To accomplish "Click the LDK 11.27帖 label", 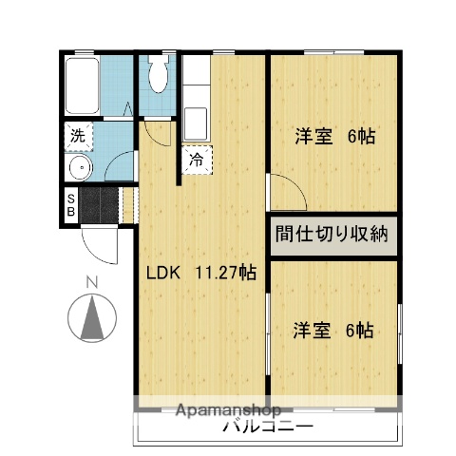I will click(200, 273).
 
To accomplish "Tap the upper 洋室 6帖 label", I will click(333, 137).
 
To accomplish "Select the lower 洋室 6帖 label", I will click(332, 331).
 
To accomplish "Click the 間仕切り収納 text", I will click(332, 235).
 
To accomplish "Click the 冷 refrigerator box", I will click(197, 161).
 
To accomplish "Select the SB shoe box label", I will click(71, 204).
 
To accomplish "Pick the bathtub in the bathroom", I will click(82, 87).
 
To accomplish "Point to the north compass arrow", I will click(92, 317).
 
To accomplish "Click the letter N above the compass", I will click(92, 282).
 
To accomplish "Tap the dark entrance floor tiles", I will click(99, 204).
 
